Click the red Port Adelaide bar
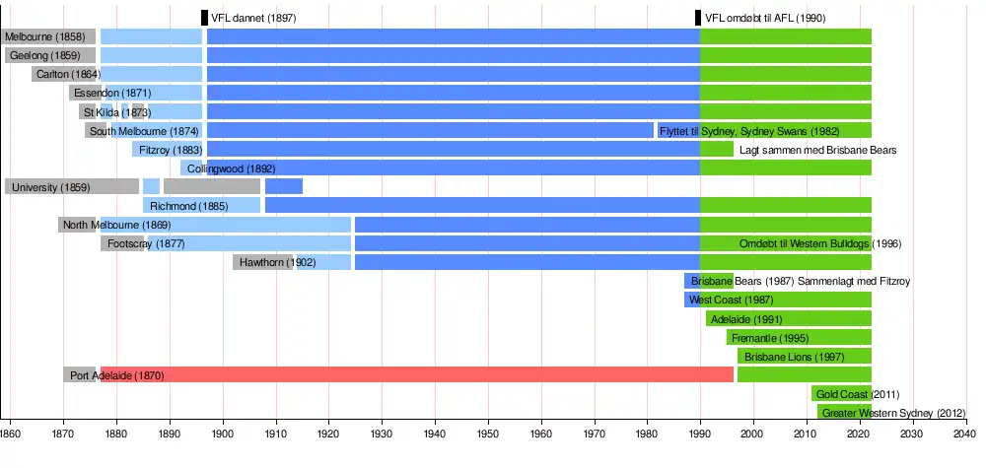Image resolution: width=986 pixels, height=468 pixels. (444, 375)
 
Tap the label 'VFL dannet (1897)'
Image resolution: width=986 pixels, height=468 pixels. (253, 18)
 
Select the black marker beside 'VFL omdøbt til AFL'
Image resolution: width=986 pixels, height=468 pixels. (698, 18)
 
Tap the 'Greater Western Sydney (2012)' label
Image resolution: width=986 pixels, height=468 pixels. (893, 413)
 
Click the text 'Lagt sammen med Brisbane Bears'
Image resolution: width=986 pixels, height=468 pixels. (817, 150)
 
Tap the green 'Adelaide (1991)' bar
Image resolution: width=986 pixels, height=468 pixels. (789, 319)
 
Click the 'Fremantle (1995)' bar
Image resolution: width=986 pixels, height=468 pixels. (799, 338)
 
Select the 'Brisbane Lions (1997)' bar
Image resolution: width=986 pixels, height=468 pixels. (805, 357)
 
